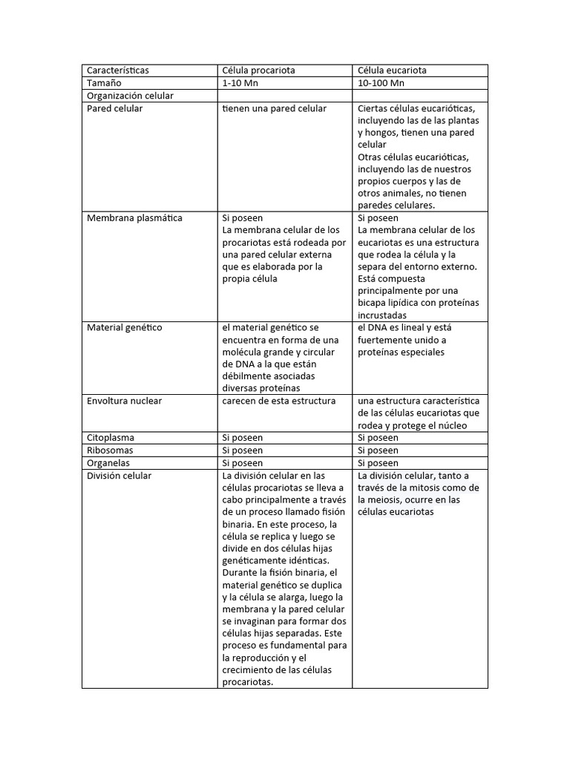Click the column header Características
(x=118, y=71)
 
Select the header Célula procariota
(x=259, y=71)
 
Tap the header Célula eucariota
(x=392, y=71)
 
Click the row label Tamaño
(x=104, y=83)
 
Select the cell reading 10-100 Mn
(x=381, y=83)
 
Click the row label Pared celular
(x=115, y=108)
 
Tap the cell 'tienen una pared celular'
(x=275, y=108)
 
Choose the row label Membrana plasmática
(x=134, y=218)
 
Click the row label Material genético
(x=124, y=327)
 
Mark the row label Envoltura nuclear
(x=124, y=401)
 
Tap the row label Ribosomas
(x=111, y=451)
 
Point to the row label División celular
(x=119, y=476)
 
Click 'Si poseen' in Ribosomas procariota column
(x=243, y=451)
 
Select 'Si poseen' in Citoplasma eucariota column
(x=378, y=438)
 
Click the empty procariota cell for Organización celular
(x=285, y=96)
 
